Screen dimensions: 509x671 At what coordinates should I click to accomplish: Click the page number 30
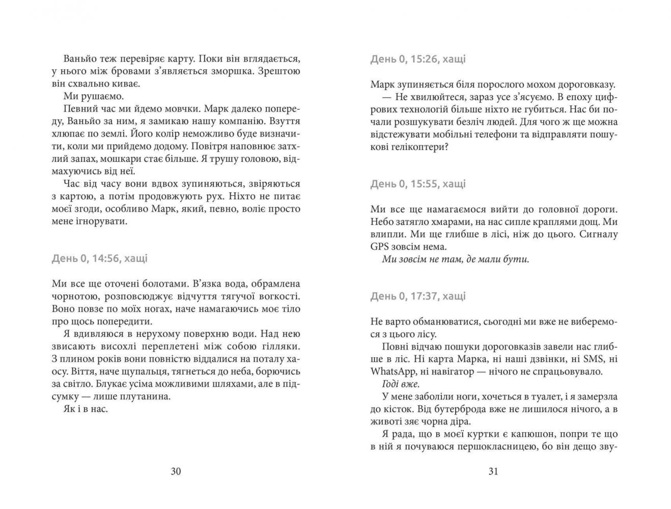pyautogui.click(x=175, y=471)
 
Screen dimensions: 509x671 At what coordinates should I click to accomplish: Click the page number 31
pyautogui.click(x=493, y=471)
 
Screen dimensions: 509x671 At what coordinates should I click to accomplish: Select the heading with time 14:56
pyautogui.click(x=100, y=258)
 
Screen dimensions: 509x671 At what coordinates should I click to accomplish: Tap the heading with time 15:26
pyautogui.click(x=418, y=59)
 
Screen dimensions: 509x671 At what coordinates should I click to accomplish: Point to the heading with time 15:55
pyautogui.click(x=418, y=184)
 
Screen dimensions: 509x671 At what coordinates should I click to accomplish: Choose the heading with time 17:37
pyautogui.click(x=418, y=296)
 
